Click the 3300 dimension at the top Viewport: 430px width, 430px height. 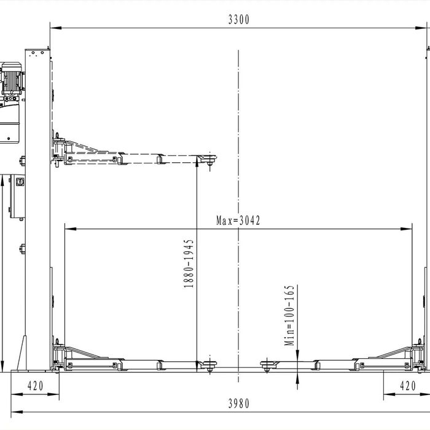click(238, 19)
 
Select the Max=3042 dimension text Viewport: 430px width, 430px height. click(238, 221)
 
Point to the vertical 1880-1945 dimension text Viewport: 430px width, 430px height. click(189, 264)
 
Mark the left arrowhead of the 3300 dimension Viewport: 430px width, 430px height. click(53, 27)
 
